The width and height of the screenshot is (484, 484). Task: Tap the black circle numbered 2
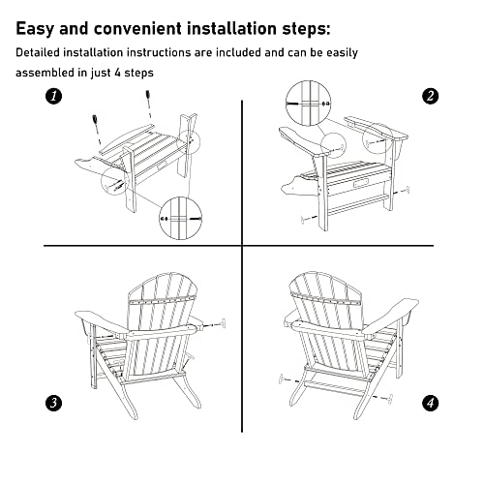tap(430, 96)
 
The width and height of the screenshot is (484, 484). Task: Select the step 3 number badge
tap(54, 400)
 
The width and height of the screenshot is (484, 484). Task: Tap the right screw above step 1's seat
tap(149, 98)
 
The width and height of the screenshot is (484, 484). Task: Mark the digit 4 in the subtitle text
tap(129, 73)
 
